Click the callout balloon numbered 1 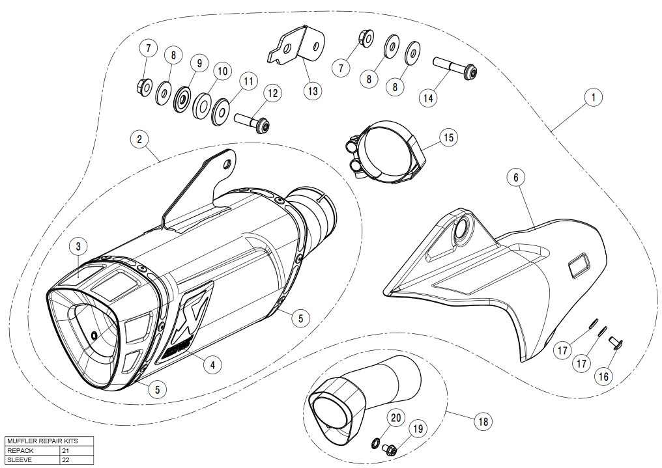pos(592,98)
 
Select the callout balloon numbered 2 pos(139,139)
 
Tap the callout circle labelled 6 pos(515,178)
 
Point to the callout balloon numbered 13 pos(313,90)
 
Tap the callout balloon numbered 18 pos(483,421)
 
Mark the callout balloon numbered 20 pos(395,417)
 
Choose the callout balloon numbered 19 pos(418,428)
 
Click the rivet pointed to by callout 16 pos(613,342)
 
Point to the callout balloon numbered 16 pos(604,375)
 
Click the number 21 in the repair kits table pos(65,450)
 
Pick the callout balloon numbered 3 pos(78,246)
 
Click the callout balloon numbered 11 pos(248,82)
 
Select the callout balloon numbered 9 pos(196,63)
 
